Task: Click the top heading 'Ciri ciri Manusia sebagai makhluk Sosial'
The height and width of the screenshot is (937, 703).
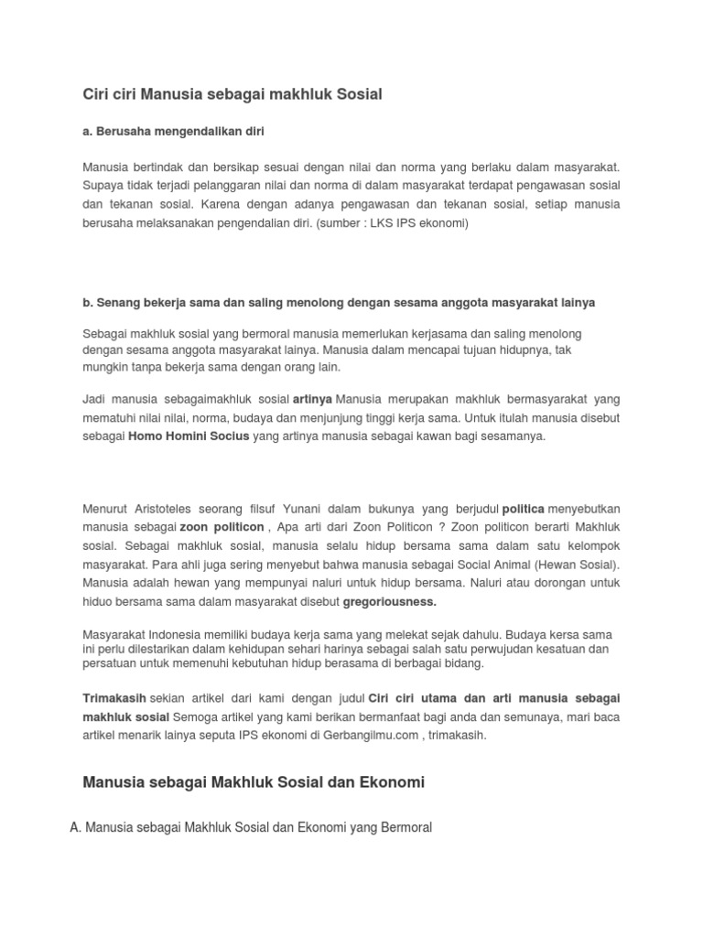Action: pyautogui.click(x=232, y=93)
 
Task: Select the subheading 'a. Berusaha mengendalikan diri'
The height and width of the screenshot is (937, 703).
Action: pyautogui.click(x=173, y=132)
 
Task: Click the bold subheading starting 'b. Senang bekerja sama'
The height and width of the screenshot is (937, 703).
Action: pyautogui.click(x=339, y=302)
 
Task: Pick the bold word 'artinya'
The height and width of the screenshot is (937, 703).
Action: pyautogui.click(x=313, y=400)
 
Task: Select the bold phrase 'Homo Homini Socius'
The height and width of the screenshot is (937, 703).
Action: pyautogui.click(x=189, y=436)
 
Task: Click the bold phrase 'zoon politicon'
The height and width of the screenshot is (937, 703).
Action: pyautogui.click(x=222, y=528)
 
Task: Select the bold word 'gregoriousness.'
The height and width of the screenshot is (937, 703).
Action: pyautogui.click(x=390, y=602)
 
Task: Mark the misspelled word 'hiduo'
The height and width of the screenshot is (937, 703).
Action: pyautogui.click(x=98, y=602)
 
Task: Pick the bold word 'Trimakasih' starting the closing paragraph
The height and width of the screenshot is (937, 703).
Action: pyautogui.click(x=114, y=698)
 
